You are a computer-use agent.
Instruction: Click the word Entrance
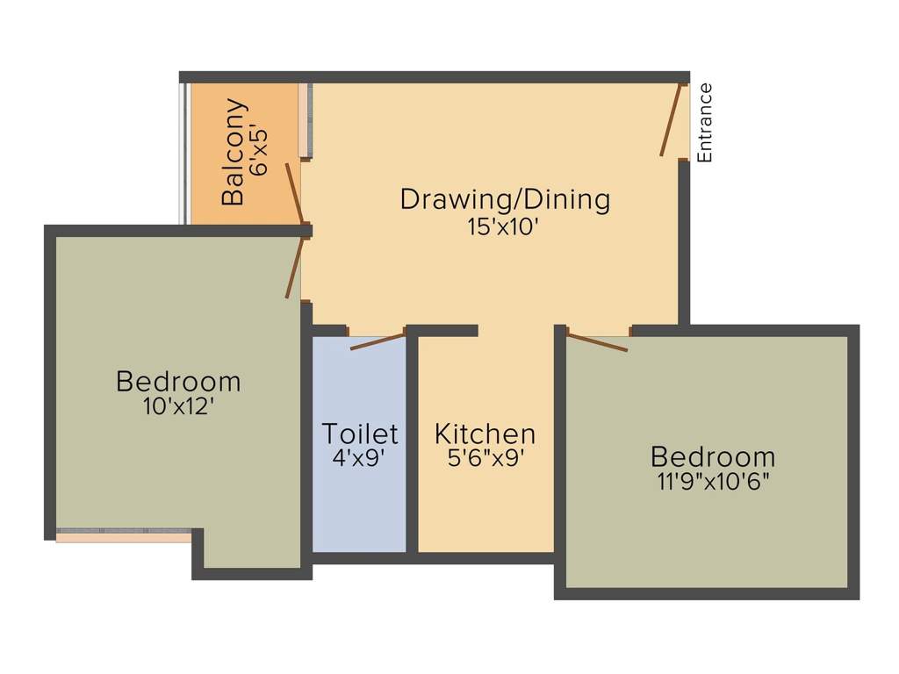click(x=705, y=123)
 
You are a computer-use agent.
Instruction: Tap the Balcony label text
click(x=234, y=152)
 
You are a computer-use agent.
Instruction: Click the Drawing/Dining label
click(x=505, y=199)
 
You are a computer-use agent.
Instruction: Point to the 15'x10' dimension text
click(x=503, y=227)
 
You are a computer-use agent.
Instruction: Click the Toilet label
click(x=360, y=434)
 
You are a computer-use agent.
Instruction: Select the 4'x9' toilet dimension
click(x=358, y=458)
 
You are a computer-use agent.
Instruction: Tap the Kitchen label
click(x=485, y=434)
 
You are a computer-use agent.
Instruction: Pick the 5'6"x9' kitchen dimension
click(x=486, y=458)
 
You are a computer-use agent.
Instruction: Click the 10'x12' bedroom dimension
click(x=178, y=406)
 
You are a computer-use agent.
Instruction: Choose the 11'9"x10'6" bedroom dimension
click(x=713, y=482)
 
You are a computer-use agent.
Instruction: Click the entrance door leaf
click(x=672, y=119)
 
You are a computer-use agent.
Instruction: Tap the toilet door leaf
click(x=378, y=341)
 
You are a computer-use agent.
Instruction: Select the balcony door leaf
click(x=295, y=193)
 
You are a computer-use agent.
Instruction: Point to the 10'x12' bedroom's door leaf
click(x=295, y=267)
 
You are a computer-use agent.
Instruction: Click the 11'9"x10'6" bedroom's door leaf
click(x=596, y=341)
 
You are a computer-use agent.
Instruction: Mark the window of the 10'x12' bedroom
click(x=124, y=534)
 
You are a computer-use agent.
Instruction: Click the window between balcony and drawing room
click(x=306, y=120)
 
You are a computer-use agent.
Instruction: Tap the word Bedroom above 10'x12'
click(x=178, y=382)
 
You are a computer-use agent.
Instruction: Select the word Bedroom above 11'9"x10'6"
click(x=713, y=456)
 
